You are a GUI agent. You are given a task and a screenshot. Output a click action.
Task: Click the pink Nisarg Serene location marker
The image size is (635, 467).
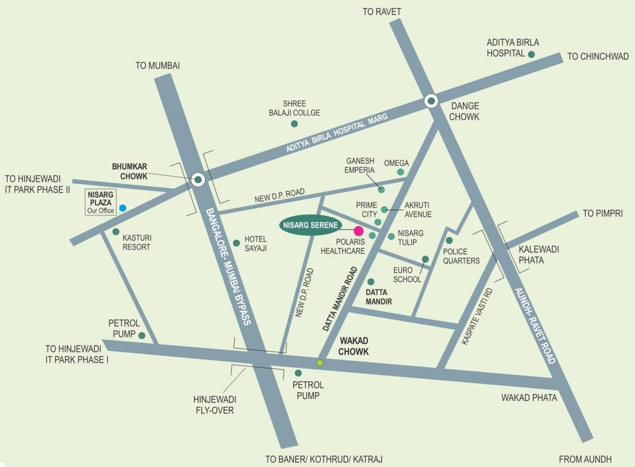tap(358, 231)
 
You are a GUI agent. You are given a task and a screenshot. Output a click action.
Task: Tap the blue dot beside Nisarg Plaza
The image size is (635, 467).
tap(122, 208)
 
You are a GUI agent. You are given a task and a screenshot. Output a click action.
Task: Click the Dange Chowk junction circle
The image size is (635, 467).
tap(431, 101)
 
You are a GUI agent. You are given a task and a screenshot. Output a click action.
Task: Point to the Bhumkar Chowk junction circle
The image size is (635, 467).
tap(198, 179)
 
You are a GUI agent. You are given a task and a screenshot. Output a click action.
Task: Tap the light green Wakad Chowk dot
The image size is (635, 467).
tap(320, 363)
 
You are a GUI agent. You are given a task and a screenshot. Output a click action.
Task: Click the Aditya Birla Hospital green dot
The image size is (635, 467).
tap(531, 55)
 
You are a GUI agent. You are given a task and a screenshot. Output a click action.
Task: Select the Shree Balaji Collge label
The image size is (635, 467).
tap(294, 108)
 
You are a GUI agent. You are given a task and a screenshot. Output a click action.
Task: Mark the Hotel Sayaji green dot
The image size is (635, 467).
tap(237, 242)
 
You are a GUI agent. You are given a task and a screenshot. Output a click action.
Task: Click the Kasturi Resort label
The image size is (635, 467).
tap(136, 243)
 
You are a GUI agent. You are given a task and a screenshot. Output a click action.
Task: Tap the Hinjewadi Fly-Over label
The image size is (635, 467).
tap(215, 404)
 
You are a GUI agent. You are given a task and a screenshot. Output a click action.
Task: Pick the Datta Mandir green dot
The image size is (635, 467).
tap(370, 282)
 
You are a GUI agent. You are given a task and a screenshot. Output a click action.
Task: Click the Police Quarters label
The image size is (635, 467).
tap(461, 256)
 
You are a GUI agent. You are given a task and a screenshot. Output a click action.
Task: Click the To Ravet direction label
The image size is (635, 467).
tap(381, 12)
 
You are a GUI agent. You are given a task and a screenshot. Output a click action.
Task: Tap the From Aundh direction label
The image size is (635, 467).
tap(585, 459)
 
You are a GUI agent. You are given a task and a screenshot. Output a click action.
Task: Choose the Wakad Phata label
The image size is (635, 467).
tap(529, 398)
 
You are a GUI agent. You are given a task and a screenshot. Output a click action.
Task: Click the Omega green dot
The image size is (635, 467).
tap(400, 172)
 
